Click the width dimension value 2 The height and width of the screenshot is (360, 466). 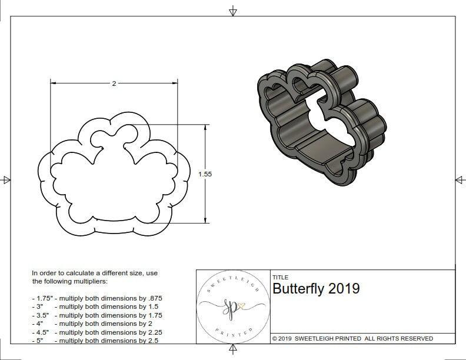pos(114,84)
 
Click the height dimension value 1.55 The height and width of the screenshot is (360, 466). pos(205,174)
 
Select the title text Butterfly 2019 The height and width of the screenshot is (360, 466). pos(316,289)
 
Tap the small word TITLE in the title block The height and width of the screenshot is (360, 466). pos(279,277)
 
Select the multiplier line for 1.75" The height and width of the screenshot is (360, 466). pos(97,298)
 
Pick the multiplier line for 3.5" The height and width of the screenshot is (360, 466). pos(97,315)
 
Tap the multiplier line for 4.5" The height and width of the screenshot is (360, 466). pos(97,332)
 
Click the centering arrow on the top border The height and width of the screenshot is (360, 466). pos(233,11)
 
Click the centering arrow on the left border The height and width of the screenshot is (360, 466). pos(6,180)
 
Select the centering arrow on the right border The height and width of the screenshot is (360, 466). pos(460,180)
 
